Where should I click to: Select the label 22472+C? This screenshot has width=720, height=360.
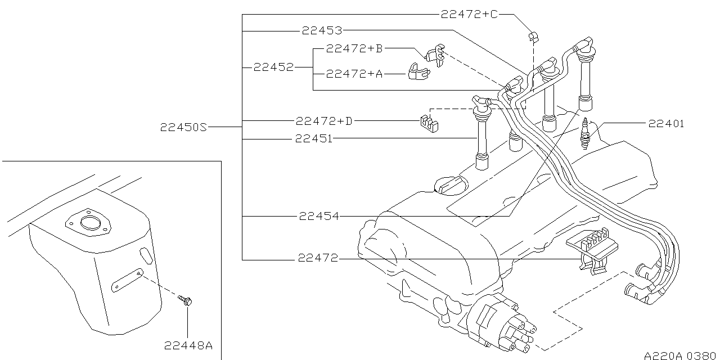[x=469, y=15]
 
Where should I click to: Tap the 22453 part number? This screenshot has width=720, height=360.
[x=322, y=31]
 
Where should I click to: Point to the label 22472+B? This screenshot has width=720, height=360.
[x=354, y=49]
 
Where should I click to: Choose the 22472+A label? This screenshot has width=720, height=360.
[x=354, y=74]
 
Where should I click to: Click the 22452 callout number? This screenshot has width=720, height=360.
[x=273, y=67]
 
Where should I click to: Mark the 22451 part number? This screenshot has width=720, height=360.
[x=313, y=138]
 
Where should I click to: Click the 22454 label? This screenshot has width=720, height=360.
[x=319, y=216]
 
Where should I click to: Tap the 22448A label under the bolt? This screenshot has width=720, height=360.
[x=188, y=345]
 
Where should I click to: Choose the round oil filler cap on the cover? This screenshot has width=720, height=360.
[x=450, y=184]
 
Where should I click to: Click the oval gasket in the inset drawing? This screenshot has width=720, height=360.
[x=88, y=223]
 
